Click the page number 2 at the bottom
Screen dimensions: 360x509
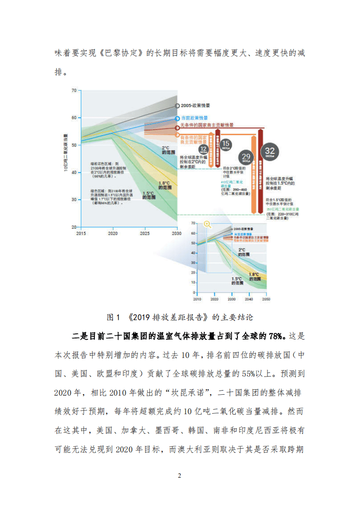pos(180,476)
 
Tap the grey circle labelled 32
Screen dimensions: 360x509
pos(270,151)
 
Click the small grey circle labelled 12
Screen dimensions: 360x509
pos(203,149)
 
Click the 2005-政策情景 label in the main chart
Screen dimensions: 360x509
pos(195,106)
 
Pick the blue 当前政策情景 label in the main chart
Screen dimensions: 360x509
pos(195,117)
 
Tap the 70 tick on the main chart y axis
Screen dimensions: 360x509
pos(74,91)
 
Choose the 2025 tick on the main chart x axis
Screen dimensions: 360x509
pos(144,233)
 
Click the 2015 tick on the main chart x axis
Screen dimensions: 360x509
pos(81,233)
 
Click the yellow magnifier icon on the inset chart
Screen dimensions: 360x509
pos(207,224)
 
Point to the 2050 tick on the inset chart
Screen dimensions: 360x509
pos(266,300)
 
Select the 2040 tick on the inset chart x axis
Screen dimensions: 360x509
pos(249,300)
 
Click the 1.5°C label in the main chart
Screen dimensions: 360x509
pos(148,196)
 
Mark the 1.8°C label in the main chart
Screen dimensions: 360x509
pos(164,185)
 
